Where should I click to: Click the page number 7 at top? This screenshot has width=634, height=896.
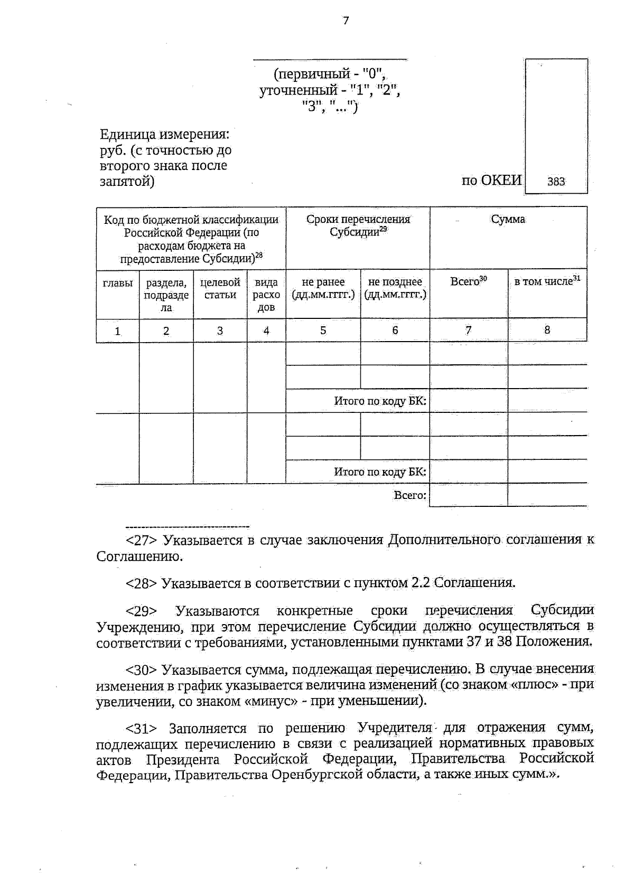pyautogui.click(x=346, y=21)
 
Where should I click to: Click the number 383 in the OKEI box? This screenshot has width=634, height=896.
pyautogui.click(x=556, y=182)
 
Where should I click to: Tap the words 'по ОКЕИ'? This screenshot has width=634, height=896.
pyautogui.click(x=491, y=181)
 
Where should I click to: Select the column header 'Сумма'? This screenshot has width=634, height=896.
pyautogui.click(x=508, y=219)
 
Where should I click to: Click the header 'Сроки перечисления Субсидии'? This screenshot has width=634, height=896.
pyautogui.click(x=358, y=225)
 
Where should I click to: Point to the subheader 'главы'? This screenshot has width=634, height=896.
pyautogui.click(x=117, y=283)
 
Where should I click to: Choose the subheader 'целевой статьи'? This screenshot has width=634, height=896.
pyautogui.click(x=220, y=289)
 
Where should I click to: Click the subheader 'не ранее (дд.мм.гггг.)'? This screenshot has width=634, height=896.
pyautogui.click(x=323, y=288)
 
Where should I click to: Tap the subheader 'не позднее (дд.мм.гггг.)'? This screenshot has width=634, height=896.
pyautogui.click(x=395, y=288)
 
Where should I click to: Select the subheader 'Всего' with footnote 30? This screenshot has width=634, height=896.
pyautogui.click(x=468, y=281)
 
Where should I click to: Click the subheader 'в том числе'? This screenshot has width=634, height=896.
pyautogui.click(x=547, y=281)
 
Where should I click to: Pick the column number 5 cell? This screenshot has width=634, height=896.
pyautogui.click(x=323, y=331)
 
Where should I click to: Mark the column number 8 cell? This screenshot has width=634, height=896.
pyautogui.click(x=547, y=330)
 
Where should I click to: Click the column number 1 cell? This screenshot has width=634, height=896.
pyautogui.click(x=117, y=331)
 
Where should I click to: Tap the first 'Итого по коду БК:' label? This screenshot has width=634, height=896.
pyautogui.click(x=380, y=401)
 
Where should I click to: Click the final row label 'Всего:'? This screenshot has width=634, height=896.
pyautogui.click(x=410, y=495)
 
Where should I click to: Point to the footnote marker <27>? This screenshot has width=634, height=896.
pyautogui.click(x=141, y=541)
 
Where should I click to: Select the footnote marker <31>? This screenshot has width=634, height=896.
pyautogui.click(x=141, y=729)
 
